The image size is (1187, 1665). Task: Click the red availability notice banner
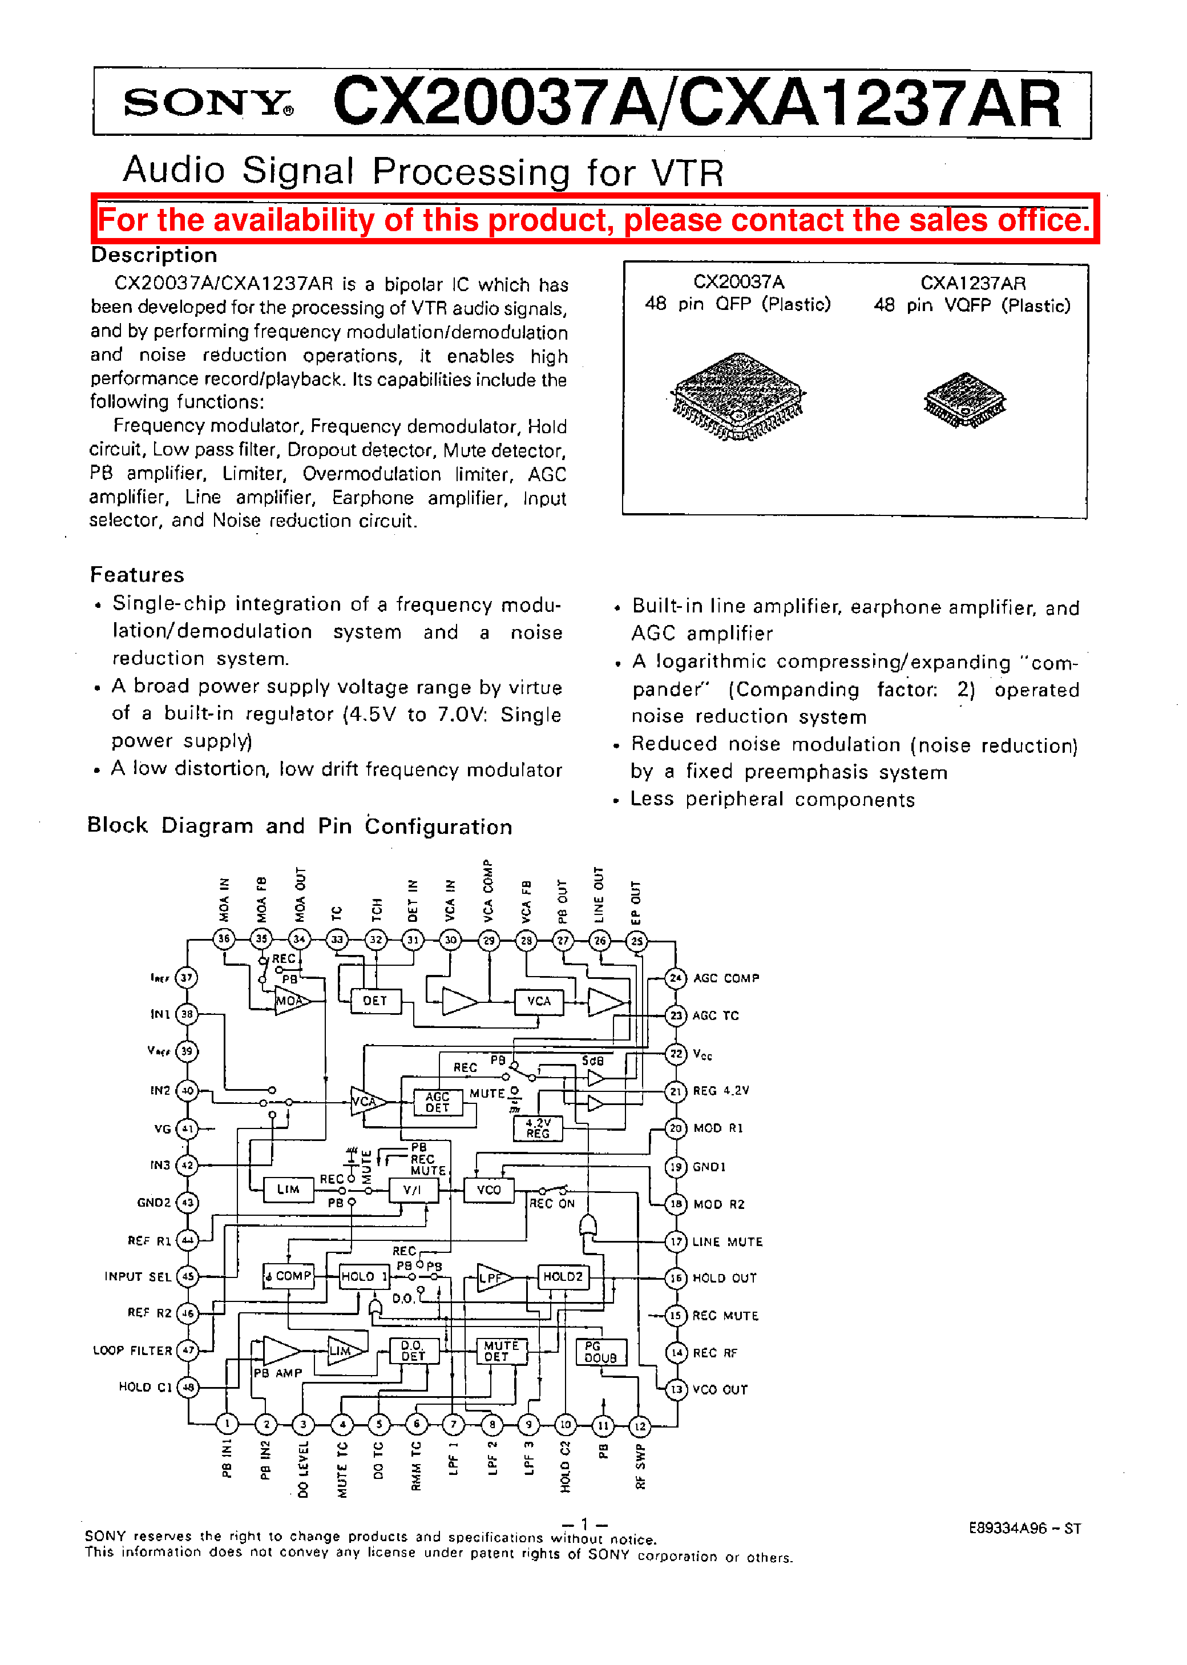point(594,219)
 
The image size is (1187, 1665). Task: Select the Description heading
point(154,255)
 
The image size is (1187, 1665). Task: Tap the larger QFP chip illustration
point(738,396)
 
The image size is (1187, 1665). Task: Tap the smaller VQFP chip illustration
point(965,400)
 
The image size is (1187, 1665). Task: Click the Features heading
point(138,574)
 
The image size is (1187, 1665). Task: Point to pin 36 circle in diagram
point(224,938)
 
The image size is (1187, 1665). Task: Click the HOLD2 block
point(563,1277)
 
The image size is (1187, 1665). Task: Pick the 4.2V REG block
point(538,1128)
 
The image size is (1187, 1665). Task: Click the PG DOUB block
point(601,1352)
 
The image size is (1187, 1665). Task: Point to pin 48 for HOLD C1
point(188,1386)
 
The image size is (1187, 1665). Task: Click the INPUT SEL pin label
point(138,1277)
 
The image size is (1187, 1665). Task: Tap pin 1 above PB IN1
point(227,1423)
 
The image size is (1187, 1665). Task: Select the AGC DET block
point(437,1102)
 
